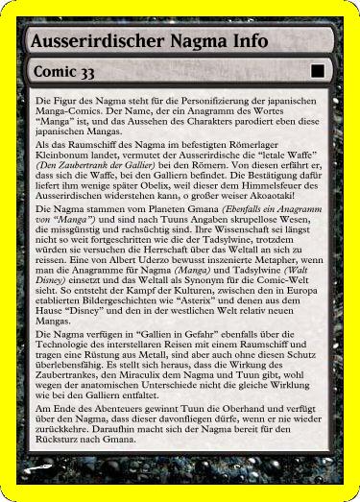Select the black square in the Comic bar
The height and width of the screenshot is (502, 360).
[x=317, y=71]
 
